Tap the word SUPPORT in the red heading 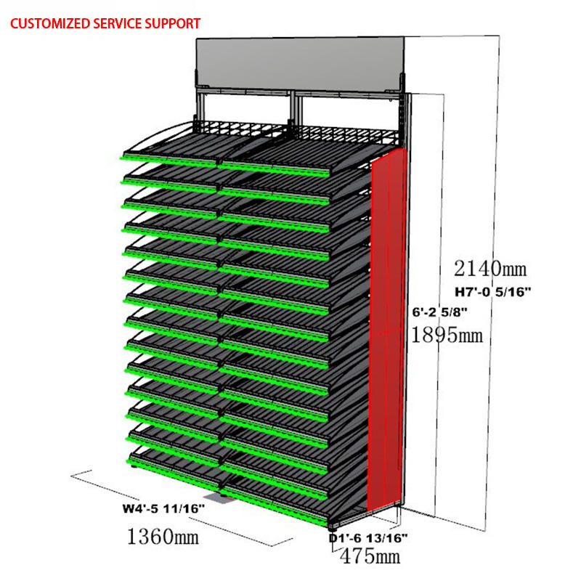[x=169, y=23]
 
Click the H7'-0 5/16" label [x=494, y=292]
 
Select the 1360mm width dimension [x=163, y=537]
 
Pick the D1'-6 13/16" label [x=368, y=537]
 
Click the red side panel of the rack [x=387, y=327]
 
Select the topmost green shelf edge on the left [x=168, y=158]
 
